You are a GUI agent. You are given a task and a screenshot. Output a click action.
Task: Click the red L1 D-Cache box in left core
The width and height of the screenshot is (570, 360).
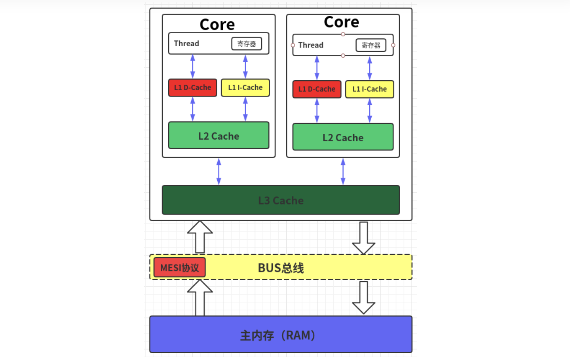click(x=193, y=88)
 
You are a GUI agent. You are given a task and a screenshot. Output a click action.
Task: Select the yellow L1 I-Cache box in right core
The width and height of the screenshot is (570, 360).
click(x=369, y=89)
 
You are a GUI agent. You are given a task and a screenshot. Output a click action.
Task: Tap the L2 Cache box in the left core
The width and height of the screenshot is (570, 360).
click(x=218, y=136)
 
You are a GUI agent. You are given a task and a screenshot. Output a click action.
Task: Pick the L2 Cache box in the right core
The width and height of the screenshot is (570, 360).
click(x=343, y=137)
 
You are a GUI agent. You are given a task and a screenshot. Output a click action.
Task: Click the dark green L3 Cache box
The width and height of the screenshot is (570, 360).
click(x=281, y=201)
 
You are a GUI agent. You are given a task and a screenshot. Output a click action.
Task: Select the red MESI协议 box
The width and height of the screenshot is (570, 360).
click(x=180, y=268)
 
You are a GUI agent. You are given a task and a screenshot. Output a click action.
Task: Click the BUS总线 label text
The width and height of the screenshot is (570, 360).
click(x=281, y=268)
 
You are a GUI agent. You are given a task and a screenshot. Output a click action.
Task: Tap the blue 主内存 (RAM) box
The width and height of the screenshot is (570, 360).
click(x=281, y=335)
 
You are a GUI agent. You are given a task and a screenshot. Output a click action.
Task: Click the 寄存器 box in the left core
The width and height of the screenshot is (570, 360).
click(x=247, y=44)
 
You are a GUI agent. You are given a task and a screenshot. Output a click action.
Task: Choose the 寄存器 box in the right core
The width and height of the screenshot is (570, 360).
click(x=370, y=45)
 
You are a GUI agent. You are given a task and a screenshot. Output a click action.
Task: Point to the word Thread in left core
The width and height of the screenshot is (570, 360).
click(x=186, y=44)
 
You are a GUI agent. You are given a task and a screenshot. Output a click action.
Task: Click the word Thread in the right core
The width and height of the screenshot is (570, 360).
click(x=311, y=45)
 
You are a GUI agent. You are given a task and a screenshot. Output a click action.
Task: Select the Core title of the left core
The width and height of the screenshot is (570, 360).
click(x=217, y=25)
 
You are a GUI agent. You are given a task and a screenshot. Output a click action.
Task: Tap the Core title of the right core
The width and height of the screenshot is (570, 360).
click(x=341, y=22)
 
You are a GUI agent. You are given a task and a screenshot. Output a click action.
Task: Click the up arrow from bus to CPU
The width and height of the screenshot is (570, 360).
click(x=200, y=237)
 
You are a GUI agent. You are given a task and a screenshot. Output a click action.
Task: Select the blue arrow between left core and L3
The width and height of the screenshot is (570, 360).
click(x=218, y=171)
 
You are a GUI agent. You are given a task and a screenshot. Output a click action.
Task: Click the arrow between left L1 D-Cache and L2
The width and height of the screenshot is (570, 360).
click(x=193, y=109)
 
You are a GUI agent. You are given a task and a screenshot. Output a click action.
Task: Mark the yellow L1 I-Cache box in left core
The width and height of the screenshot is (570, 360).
click(x=245, y=88)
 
